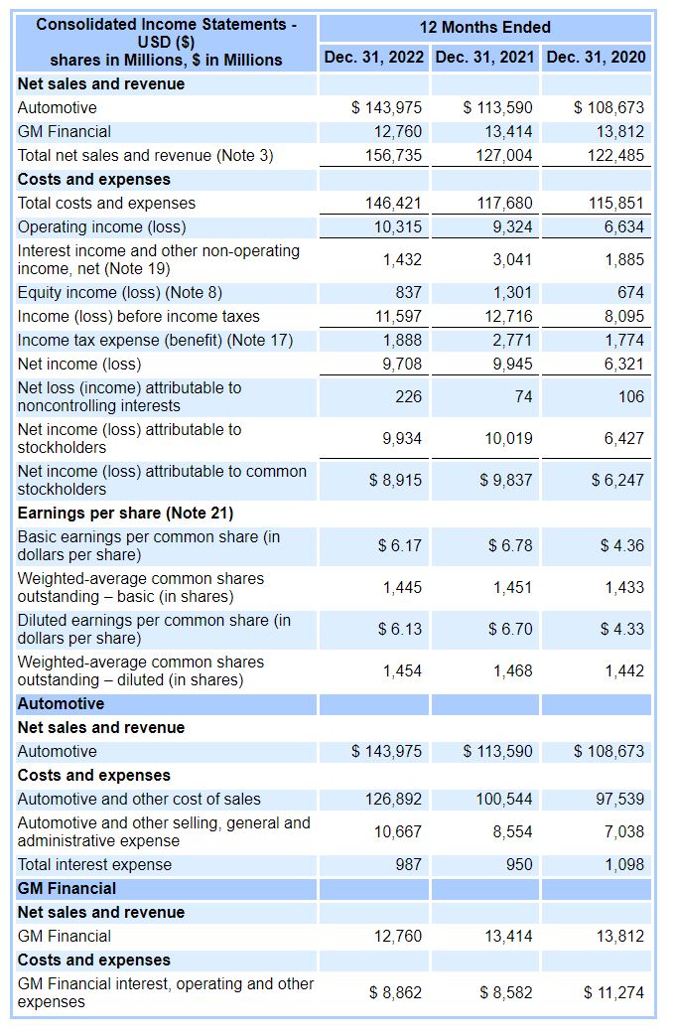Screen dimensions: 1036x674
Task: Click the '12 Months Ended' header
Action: click(484, 27)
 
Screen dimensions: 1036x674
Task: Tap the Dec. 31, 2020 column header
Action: click(596, 58)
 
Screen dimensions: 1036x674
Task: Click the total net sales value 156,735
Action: click(395, 155)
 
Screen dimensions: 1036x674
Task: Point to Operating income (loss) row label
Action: click(101, 226)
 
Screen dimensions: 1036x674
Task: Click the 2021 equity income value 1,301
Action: click(512, 292)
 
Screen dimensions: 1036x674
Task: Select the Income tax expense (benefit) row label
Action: click(155, 340)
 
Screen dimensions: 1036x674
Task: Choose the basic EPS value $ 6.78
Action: click(510, 545)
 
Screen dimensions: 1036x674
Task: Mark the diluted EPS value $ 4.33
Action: click(621, 629)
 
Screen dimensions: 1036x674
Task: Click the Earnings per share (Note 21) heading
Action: click(125, 513)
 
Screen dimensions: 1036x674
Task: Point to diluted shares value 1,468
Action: click(512, 670)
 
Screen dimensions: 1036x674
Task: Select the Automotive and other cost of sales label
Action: click(139, 799)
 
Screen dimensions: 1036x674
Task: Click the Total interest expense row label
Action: click(94, 864)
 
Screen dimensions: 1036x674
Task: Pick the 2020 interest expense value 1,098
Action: click(623, 864)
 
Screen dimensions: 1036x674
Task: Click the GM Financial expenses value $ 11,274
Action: click(613, 992)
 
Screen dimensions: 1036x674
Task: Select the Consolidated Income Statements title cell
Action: click(166, 42)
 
